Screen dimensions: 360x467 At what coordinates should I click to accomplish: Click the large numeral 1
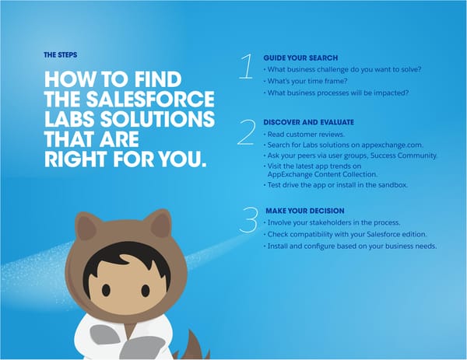tap(246, 67)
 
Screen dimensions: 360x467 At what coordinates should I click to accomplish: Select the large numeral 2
tap(246, 133)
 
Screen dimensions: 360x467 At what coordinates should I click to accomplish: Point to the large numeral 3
tap(248, 219)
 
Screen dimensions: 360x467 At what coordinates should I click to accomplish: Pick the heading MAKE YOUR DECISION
tap(305, 211)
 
